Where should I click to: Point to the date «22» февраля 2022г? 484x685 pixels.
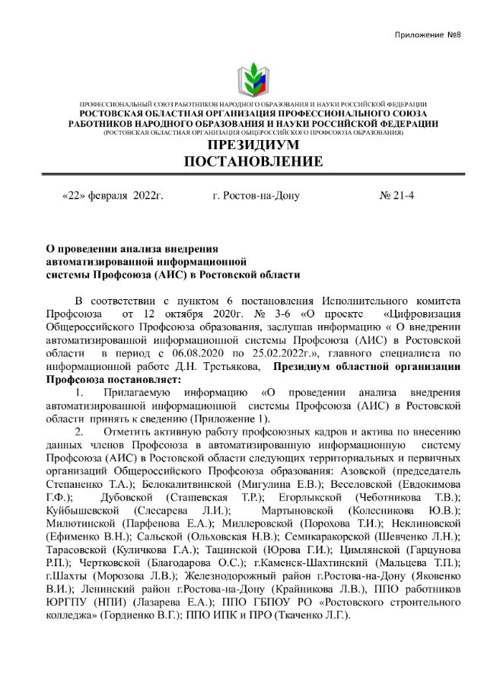pos(113,196)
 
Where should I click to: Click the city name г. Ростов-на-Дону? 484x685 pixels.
pos(256,196)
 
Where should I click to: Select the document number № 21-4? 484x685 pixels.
pos(396,196)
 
